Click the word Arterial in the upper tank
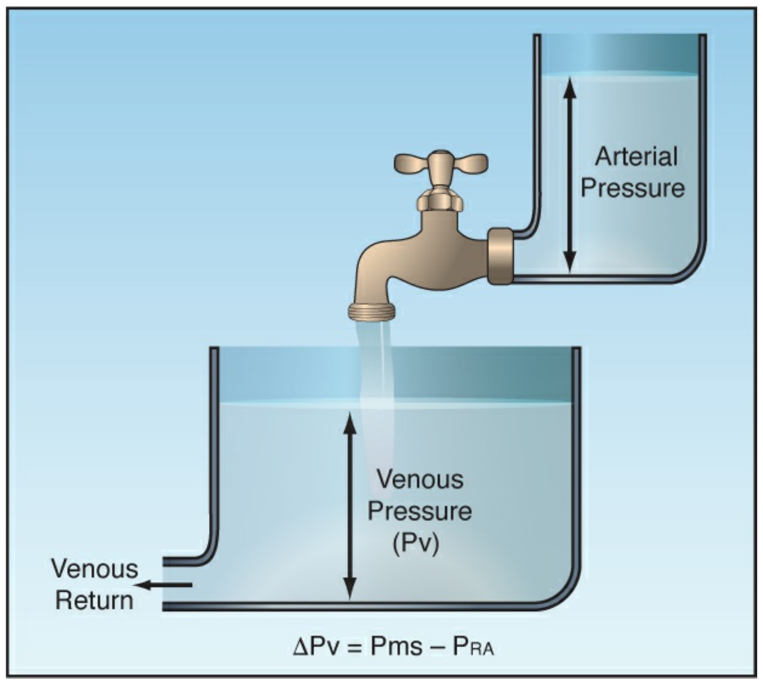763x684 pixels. pos(636,156)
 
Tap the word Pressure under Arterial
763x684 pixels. pos(633,188)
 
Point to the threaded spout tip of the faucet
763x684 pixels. pos(372,311)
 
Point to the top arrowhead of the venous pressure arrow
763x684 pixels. pos(350,422)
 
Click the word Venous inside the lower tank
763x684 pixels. pos(420,479)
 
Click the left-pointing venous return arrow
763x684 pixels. pos(163,585)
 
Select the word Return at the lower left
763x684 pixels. pos(94,600)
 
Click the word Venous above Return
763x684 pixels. pos(94,569)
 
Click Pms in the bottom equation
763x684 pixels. pos(396,647)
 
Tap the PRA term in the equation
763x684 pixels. pos(473,647)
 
